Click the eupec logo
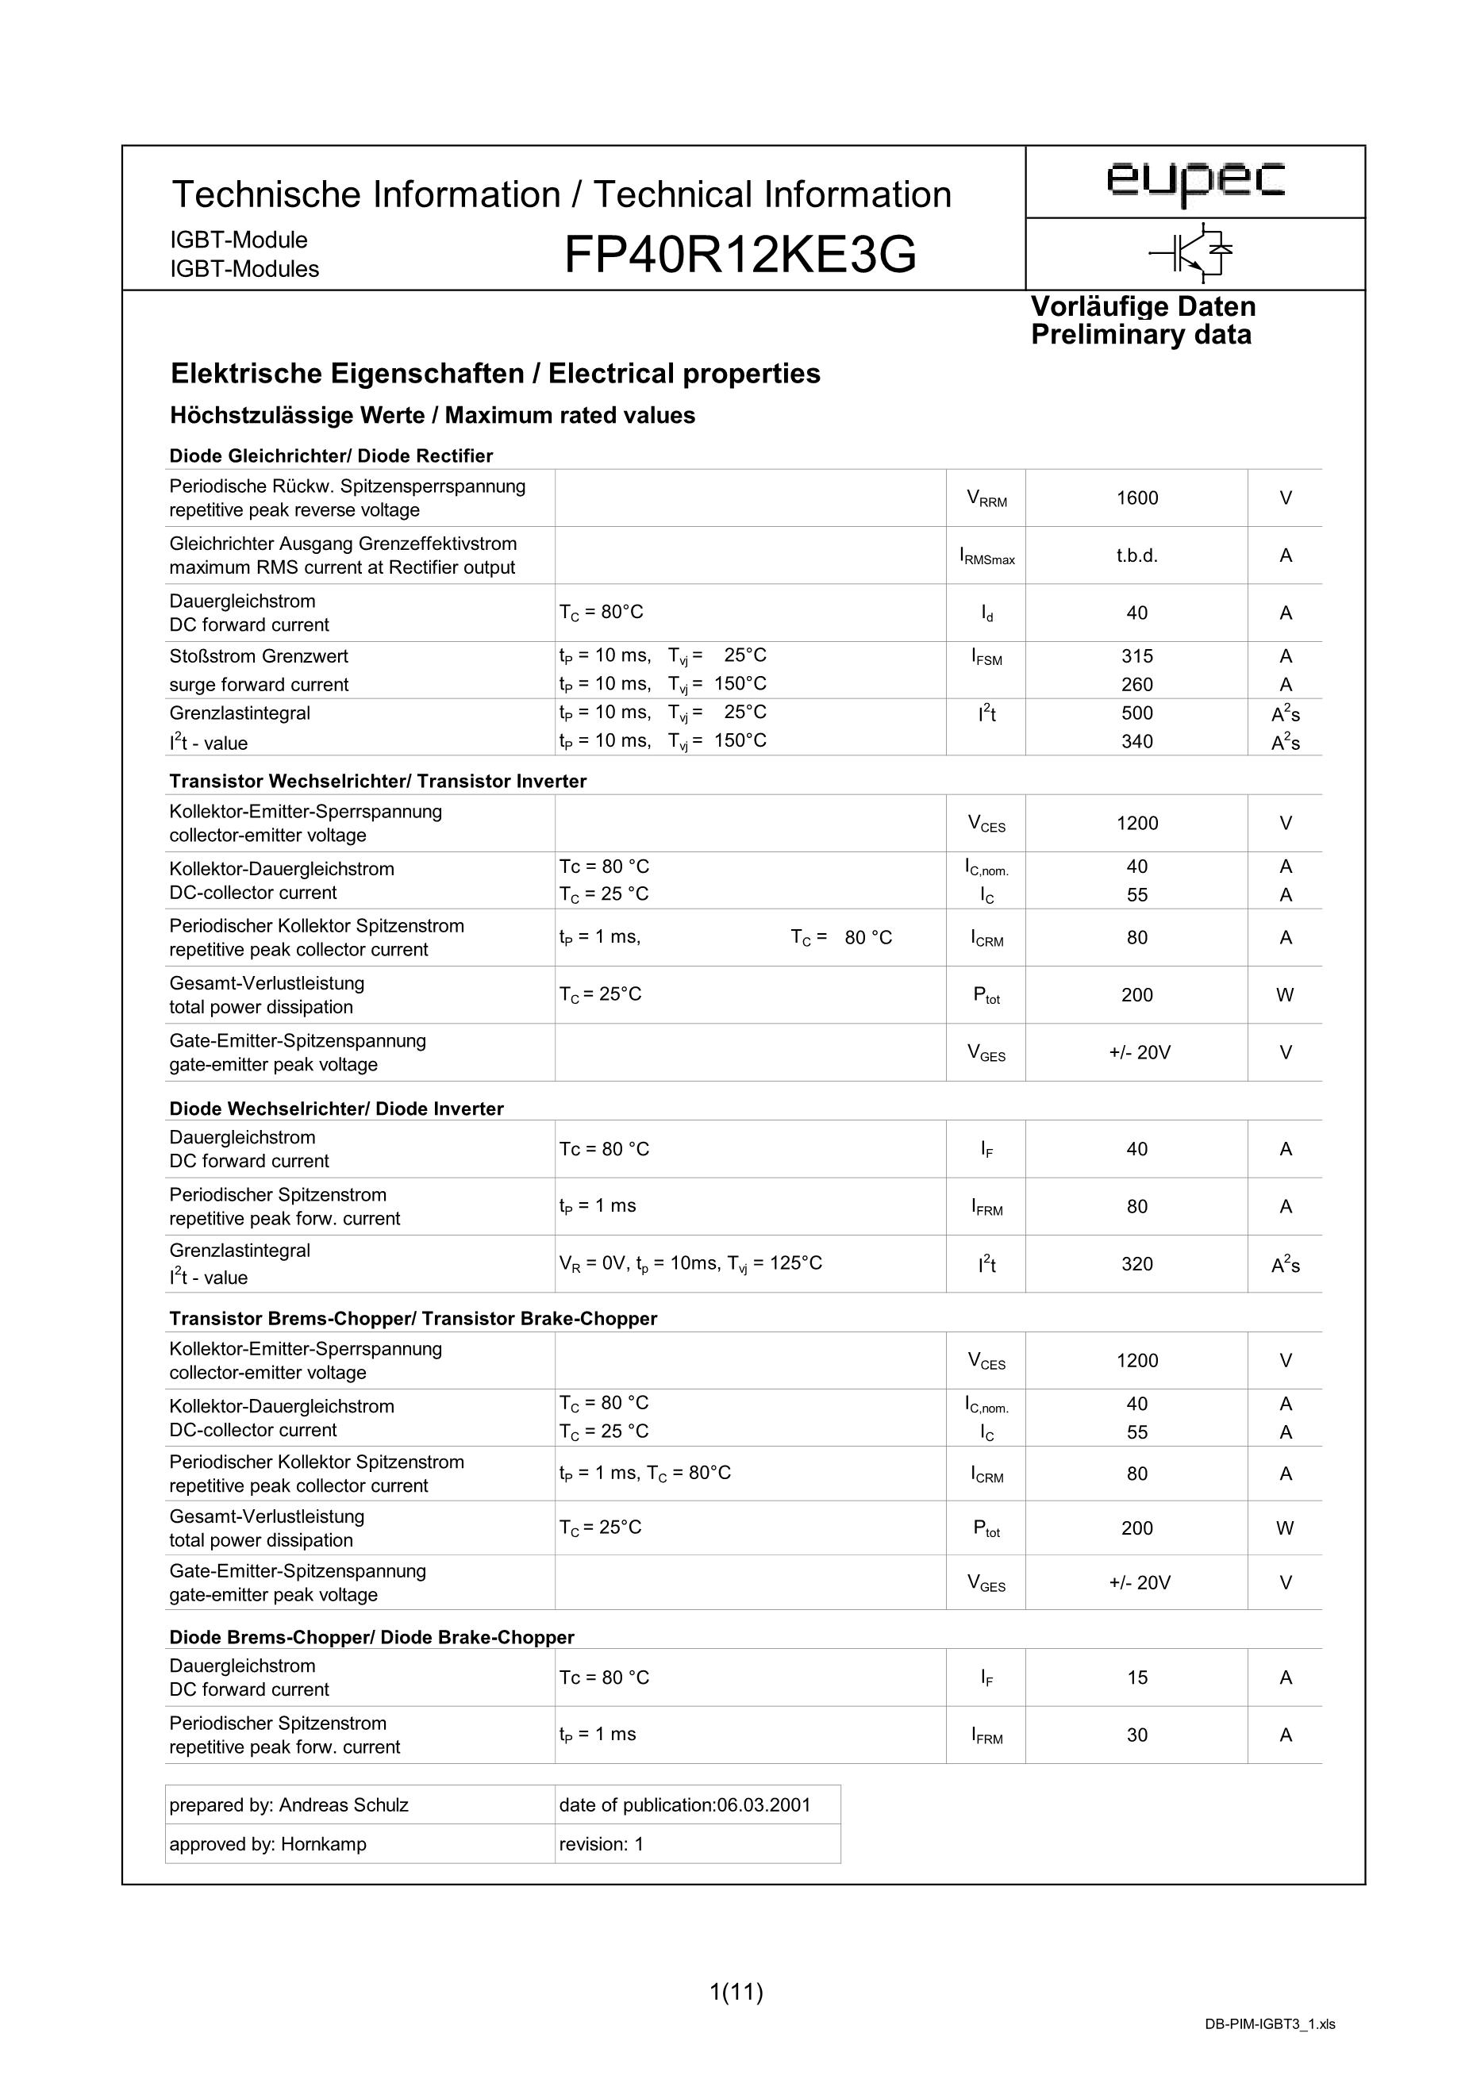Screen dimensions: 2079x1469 [x=1194, y=180]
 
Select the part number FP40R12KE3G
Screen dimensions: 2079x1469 [x=740, y=256]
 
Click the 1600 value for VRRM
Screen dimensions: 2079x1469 [x=1136, y=498]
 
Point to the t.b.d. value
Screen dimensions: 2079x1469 [x=1136, y=556]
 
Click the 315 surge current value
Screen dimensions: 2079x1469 [x=1136, y=656]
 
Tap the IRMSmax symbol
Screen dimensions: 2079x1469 [x=986, y=557]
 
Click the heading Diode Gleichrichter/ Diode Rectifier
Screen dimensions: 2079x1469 [x=331, y=455]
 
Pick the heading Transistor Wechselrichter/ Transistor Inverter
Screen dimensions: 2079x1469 [x=378, y=781]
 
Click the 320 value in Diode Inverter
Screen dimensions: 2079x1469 [x=1136, y=1264]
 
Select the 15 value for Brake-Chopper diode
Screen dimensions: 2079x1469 [x=1136, y=1677]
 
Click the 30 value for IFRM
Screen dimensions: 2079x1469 [x=1136, y=1735]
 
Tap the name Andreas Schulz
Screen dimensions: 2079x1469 [x=344, y=1804]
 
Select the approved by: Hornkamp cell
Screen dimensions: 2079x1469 [x=268, y=1843]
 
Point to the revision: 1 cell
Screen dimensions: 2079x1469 [x=602, y=1843]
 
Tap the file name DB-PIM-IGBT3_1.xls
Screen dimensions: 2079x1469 [x=1270, y=2049]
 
